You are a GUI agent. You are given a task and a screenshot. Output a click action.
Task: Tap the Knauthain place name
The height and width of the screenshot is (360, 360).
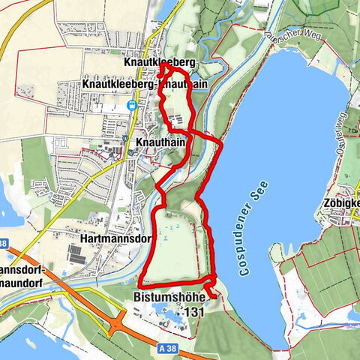(x=157, y=141)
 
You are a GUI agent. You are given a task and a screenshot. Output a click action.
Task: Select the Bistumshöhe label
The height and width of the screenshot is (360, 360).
(x=172, y=295)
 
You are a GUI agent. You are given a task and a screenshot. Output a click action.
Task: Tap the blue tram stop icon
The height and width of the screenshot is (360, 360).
(x=133, y=106)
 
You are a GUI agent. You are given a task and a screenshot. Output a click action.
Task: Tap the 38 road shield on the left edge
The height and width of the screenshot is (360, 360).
(x=3, y=243)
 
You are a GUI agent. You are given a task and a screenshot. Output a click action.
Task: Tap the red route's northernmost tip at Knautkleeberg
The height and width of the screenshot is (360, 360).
(x=164, y=67)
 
